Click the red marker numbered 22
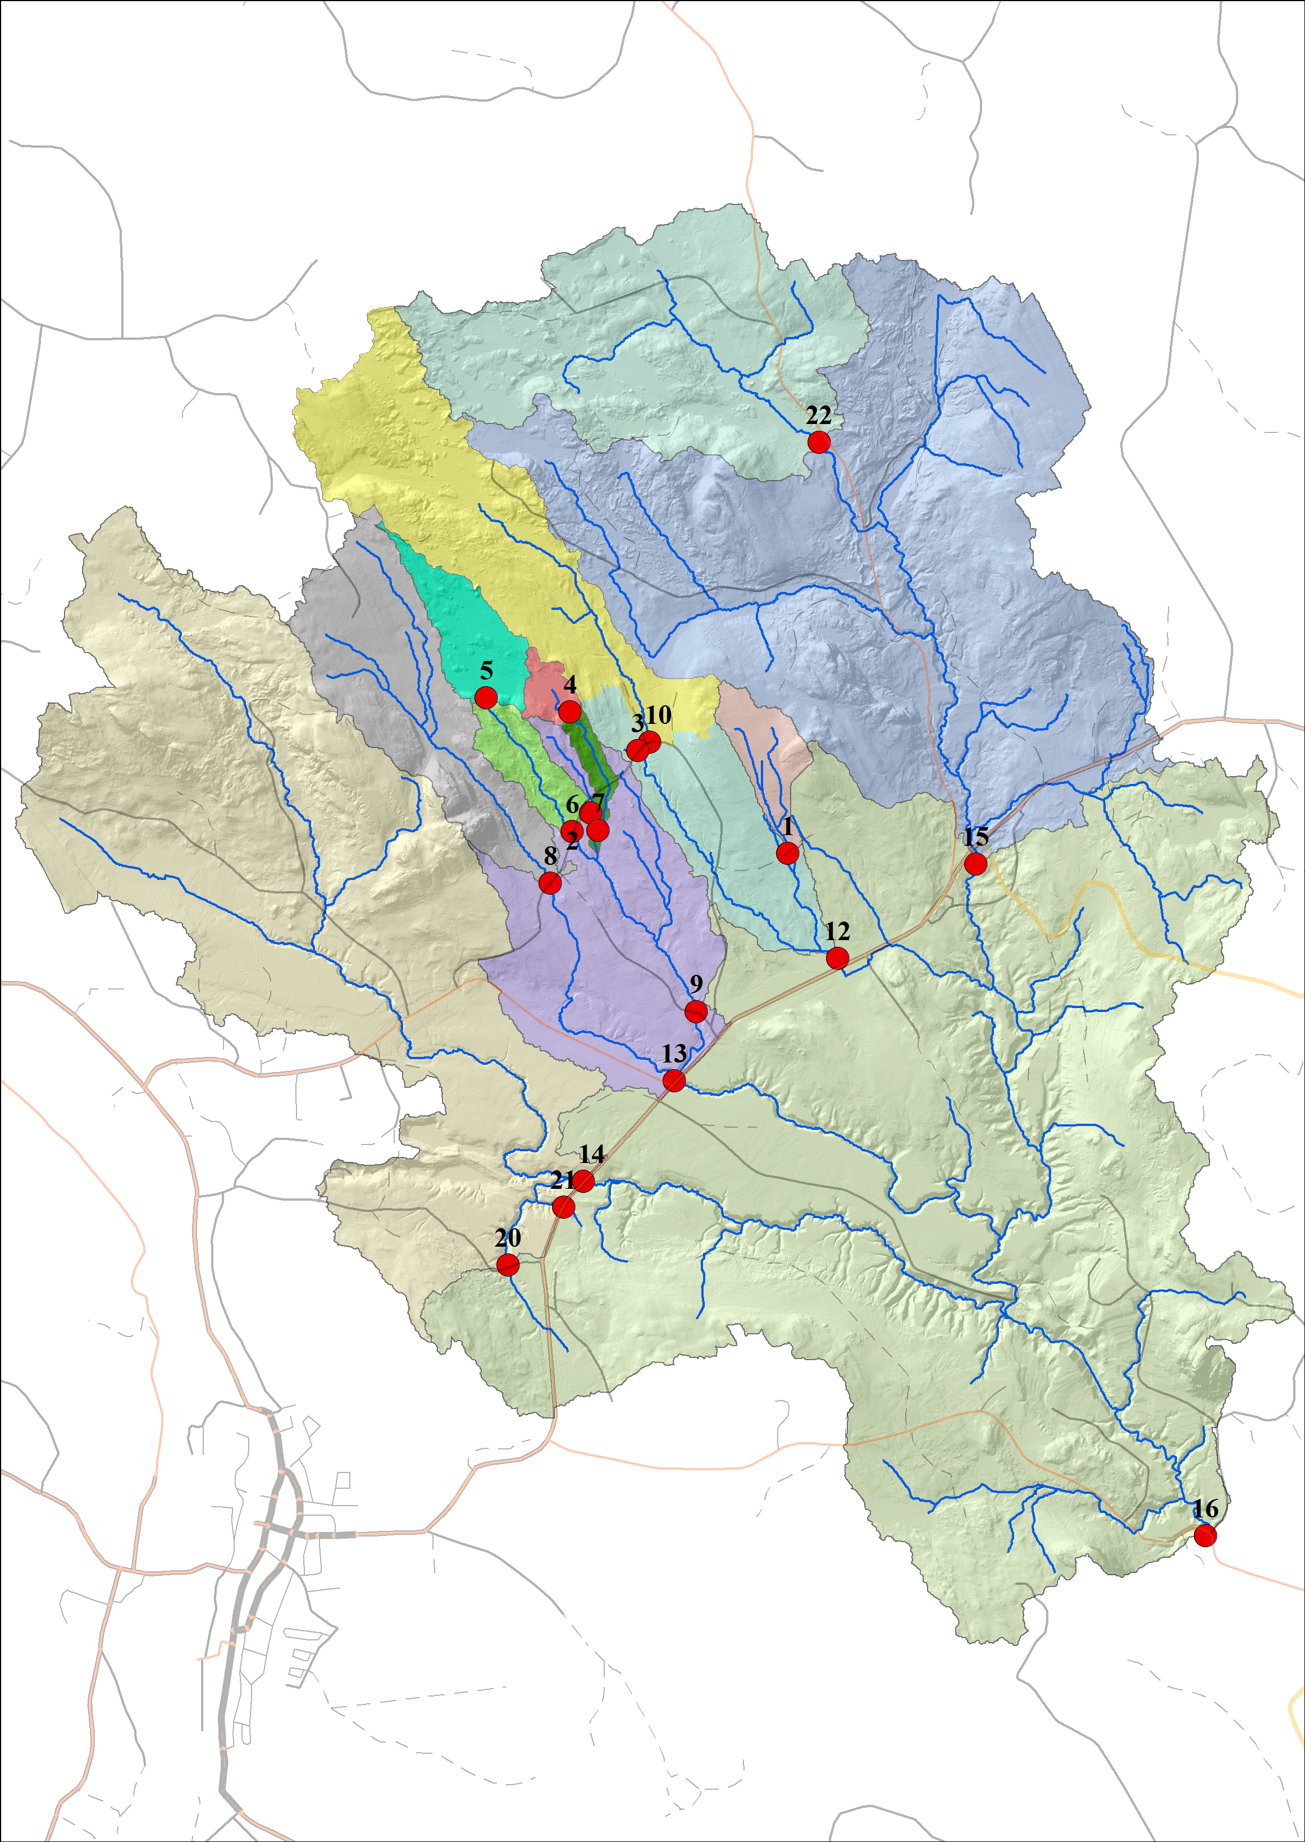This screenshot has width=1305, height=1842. click(x=819, y=441)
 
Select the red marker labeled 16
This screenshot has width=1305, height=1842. click(x=1204, y=1536)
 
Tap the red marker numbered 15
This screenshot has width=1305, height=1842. click(x=975, y=864)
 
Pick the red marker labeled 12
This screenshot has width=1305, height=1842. click(x=837, y=958)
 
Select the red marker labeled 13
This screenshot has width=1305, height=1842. click(x=674, y=1082)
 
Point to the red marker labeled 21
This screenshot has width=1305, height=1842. click(x=564, y=1207)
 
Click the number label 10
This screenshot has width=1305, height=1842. click(x=658, y=714)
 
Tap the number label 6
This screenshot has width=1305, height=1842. click(x=572, y=804)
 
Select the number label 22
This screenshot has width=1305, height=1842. click(x=818, y=416)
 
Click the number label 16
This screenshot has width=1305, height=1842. click(x=1206, y=1510)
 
